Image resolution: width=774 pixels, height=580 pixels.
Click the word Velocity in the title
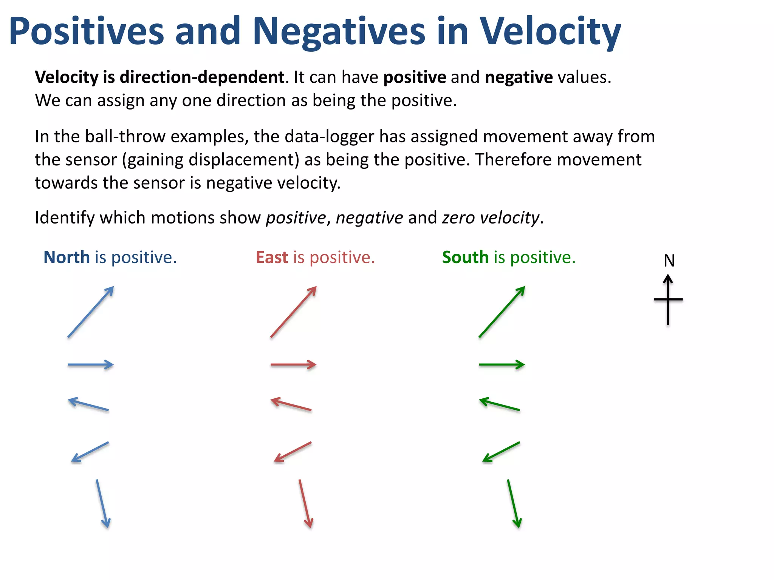pos(550,32)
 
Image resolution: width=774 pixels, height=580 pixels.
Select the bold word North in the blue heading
pos(67,258)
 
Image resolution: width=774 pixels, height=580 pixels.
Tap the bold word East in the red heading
pos(272,258)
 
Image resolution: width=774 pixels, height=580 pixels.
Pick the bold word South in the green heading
pos(465,258)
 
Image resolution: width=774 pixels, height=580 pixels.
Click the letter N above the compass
pos(669,261)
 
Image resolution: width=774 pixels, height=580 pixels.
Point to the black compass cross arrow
pos(668,300)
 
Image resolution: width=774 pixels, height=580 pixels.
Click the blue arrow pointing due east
pos(91,365)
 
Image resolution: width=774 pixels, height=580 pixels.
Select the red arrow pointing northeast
pos(294,312)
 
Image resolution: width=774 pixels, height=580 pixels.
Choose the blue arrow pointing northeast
pos(91,312)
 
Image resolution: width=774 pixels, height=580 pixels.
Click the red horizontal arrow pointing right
pos(294,365)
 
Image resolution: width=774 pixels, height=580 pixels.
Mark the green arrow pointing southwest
pos(501,452)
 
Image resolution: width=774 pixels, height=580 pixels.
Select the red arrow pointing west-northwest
pos(291,404)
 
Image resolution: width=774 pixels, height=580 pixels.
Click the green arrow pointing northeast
pos(502,312)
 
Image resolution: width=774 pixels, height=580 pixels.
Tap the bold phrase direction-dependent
pos(202,77)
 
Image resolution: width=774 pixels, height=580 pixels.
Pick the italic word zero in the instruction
pos(458,218)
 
